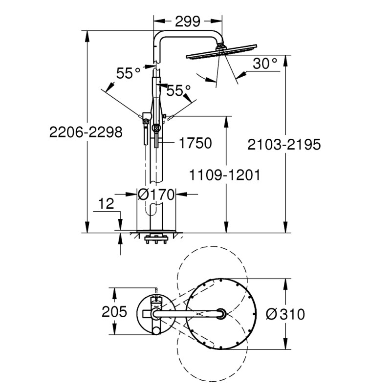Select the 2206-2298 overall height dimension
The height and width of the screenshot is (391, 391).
coord(85,132)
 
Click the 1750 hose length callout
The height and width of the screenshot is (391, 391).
coord(195,143)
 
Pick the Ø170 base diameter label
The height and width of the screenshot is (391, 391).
coord(156,194)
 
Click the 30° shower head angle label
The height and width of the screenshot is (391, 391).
coord(265,63)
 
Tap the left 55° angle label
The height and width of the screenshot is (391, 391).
coord(128,73)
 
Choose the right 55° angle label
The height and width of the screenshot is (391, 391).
coord(178,90)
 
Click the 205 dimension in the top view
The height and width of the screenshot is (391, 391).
coord(114,311)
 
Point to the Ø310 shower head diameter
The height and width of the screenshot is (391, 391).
coord(287,314)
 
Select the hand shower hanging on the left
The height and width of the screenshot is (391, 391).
coord(145,131)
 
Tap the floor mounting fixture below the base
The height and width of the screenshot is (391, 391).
coord(156,239)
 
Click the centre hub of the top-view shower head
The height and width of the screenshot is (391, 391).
coord(221,313)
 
